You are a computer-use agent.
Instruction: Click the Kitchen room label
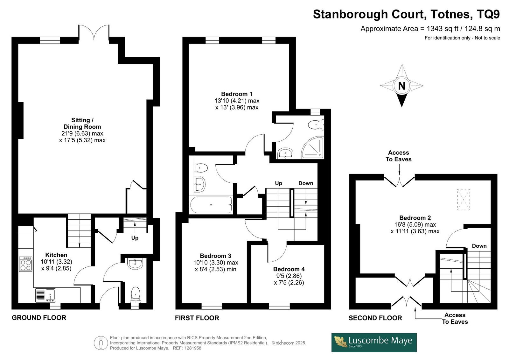click(x=56, y=255)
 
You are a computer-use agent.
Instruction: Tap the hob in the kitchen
click(x=26, y=264)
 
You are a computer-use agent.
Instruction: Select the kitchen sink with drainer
click(x=45, y=295)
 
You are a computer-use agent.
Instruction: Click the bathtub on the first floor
click(x=211, y=205)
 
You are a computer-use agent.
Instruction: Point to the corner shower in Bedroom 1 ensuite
click(x=313, y=148)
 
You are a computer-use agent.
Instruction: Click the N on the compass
click(x=402, y=86)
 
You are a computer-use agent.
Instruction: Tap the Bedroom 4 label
click(x=289, y=269)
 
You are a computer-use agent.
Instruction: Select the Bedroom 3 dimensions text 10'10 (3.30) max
click(x=216, y=263)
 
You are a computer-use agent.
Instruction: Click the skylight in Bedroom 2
click(x=464, y=199)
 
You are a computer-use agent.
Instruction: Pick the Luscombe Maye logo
click(x=374, y=342)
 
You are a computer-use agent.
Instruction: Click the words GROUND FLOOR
click(x=39, y=318)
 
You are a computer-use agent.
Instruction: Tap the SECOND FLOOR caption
click(x=375, y=318)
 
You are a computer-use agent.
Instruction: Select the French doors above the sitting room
click(x=94, y=33)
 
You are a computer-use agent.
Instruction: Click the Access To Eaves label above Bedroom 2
click(x=398, y=156)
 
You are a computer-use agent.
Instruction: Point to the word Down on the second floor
click(x=479, y=246)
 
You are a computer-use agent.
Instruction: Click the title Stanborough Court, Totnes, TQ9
click(x=406, y=14)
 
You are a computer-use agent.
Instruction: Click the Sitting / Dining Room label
click(x=82, y=124)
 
